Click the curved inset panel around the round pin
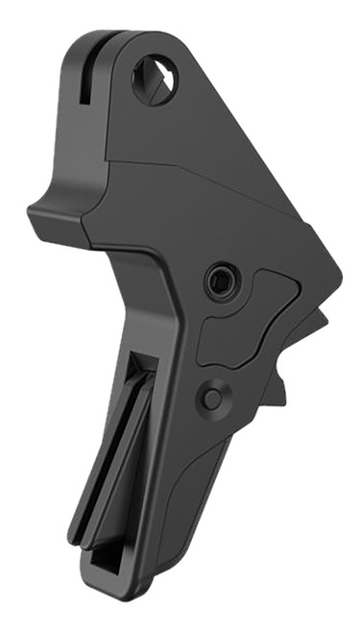tap(245, 331)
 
